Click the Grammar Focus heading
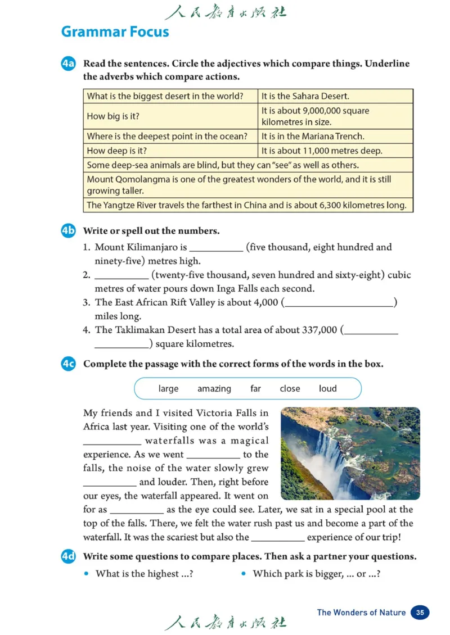(115, 31)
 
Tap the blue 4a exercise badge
(68, 64)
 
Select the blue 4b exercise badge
(68, 231)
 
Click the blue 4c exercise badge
(68, 364)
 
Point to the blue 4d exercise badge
(68, 557)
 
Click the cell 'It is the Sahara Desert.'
(305, 96)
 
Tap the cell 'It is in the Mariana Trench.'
(313, 136)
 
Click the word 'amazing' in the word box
(214, 389)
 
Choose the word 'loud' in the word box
(327, 389)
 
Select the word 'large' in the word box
(168, 389)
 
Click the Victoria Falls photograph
(350, 453)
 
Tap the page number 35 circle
(420, 613)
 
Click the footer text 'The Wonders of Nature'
(361, 613)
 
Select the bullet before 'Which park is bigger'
(244, 574)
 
